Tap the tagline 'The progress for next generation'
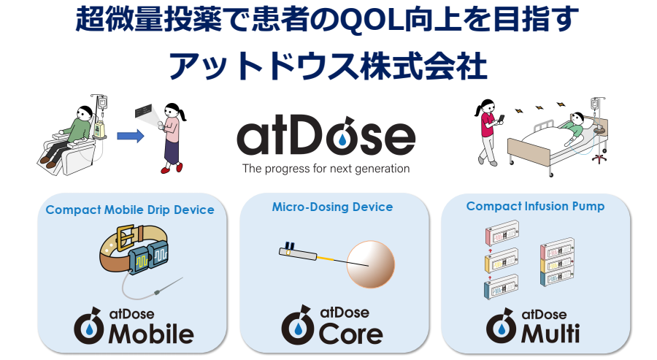(x=326, y=168)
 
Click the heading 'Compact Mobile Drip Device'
(x=130, y=210)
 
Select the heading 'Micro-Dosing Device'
(x=332, y=207)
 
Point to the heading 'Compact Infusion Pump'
(x=535, y=206)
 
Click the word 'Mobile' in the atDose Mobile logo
(x=151, y=334)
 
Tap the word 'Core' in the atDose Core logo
(x=351, y=334)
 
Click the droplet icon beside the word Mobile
(x=88, y=327)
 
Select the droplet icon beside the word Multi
(x=500, y=327)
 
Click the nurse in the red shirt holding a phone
(x=487, y=128)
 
